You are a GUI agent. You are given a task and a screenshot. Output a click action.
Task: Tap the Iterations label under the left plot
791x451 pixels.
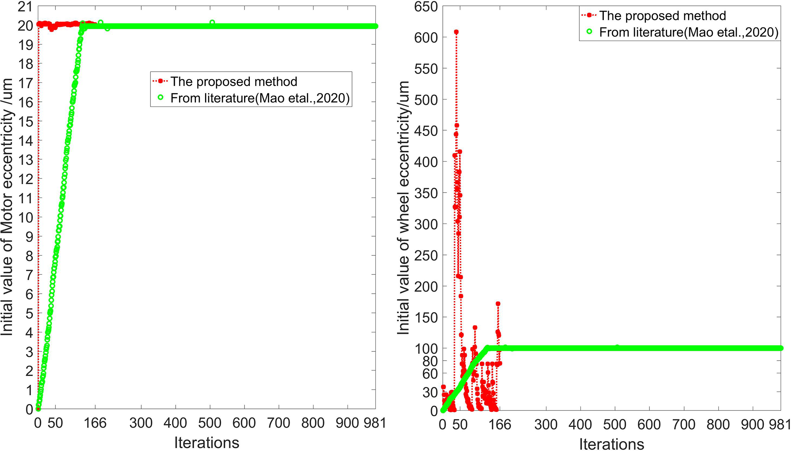[x=207, y=443]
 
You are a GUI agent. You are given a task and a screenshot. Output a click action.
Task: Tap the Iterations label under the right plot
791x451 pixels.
[x=612, y=444]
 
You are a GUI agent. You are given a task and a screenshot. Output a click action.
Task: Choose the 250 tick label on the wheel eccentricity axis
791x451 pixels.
[x=426, y=255]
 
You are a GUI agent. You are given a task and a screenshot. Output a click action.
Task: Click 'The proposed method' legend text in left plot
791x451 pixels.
[x=233, y=82]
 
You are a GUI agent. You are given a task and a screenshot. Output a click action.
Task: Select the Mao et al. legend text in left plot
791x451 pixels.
[x=260, y=98]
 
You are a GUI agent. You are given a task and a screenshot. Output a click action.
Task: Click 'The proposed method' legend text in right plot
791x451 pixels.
[x=662, y=16]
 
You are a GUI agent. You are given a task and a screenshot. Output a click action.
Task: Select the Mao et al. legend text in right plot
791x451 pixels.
[x=688, y=33]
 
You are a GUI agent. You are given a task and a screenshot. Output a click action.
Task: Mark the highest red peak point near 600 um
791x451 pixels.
[x=456, y=32]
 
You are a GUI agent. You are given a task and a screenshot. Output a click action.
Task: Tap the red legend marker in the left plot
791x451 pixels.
[x=161, y=81]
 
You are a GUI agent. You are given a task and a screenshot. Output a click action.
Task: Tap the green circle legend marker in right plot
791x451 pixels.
[x=589, y=32]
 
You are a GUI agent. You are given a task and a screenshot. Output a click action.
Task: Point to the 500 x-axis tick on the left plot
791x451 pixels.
[x=210, y=423]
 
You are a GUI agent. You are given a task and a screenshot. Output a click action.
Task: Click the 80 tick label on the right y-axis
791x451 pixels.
[x=430, y=361]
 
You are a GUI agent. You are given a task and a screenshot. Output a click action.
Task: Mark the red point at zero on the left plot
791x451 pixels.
[x=38, y=409]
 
